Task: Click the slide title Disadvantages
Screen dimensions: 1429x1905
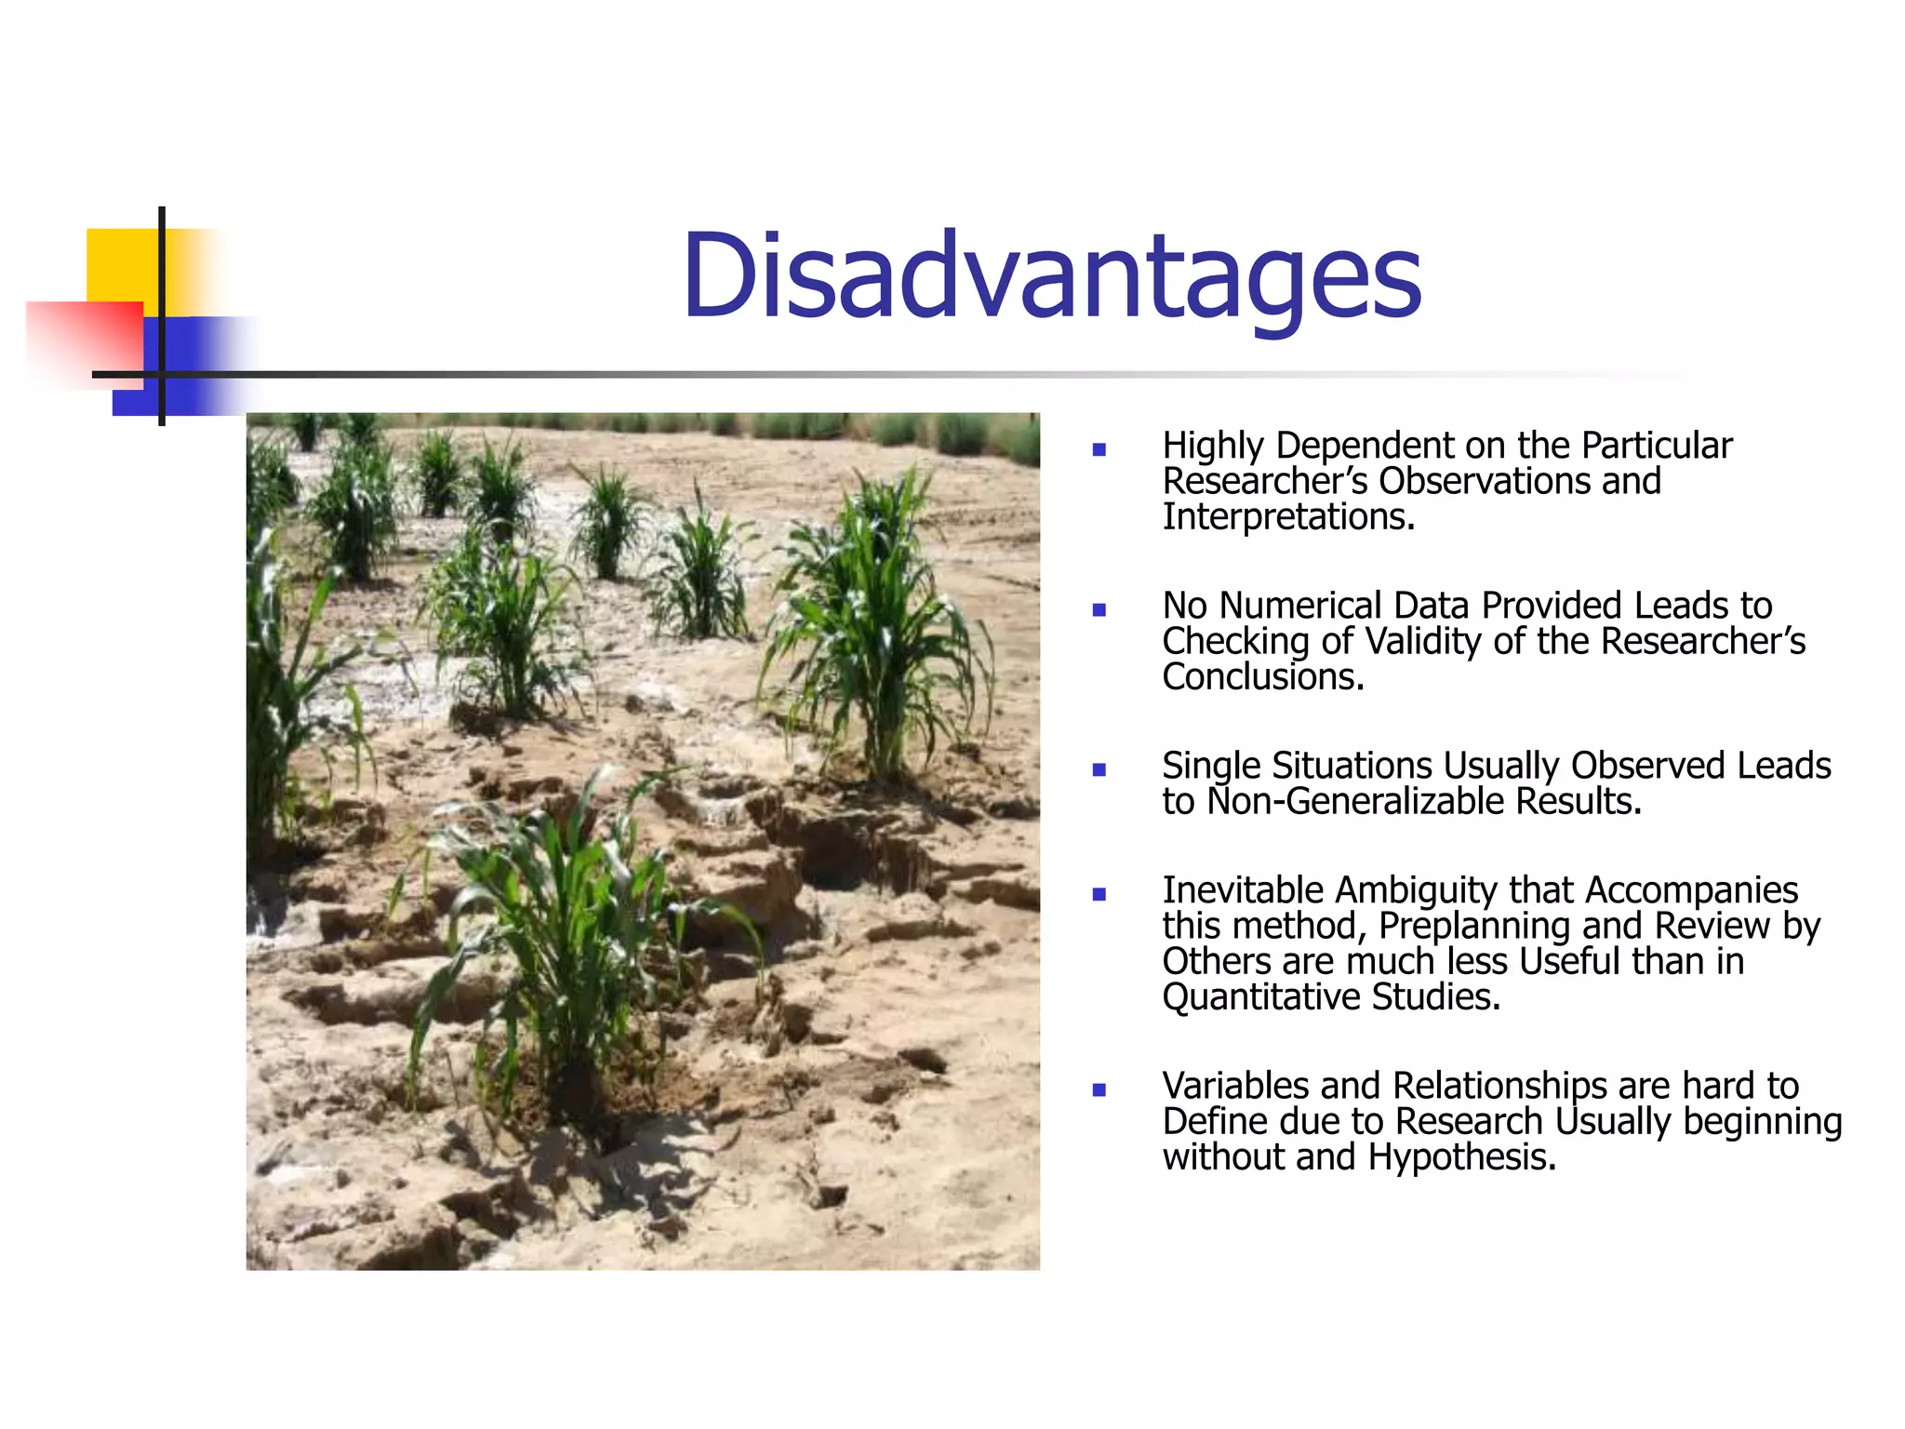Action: point(1051,277)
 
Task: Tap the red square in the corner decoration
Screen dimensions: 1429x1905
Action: point(84,340)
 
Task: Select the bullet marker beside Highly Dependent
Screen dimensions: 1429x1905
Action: point(1099,450)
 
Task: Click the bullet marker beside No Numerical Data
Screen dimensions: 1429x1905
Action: point(1099,610)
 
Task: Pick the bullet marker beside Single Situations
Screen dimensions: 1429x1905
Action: point(1099,770)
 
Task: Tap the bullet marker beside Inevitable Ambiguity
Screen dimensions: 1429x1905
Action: point(1099,895)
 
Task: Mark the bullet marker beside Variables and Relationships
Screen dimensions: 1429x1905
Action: point(1099,1090)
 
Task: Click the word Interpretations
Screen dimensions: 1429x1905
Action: point(1287,517)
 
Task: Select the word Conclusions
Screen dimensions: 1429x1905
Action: point(1262,677)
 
